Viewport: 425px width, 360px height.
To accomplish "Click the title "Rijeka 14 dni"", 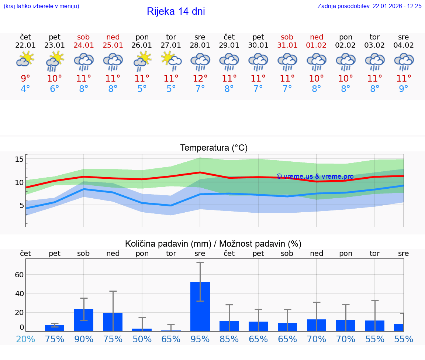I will (176, 11).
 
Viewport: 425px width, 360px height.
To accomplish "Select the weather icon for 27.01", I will (171, 60).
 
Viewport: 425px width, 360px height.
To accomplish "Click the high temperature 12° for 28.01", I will (200, 78).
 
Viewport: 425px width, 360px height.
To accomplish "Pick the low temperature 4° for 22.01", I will (25, 89).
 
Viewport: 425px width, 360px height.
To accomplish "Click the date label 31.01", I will (287, 45).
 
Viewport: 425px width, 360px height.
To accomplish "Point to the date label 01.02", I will (316, 45).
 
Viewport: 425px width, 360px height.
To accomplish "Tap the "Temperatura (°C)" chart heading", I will (214, 148).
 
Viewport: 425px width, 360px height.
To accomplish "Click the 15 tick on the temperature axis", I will (19, 159).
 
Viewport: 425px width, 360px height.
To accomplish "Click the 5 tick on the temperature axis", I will (21, 205).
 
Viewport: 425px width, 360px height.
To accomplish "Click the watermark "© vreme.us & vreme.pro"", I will (315, 176).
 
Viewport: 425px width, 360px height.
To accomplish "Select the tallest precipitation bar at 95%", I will (200, 306).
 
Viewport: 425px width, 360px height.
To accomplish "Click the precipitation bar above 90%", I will (84, 320).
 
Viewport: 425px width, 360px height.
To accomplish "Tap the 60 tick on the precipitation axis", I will (19, 274).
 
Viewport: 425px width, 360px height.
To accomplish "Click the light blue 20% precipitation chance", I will (25, 339).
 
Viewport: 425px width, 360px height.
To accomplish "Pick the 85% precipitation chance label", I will (229, 339).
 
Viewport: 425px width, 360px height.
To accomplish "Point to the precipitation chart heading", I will (213, 244).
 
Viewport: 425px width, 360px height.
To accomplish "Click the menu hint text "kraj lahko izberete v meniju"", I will (41, 6).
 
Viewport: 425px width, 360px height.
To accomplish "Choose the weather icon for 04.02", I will (404, 61).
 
